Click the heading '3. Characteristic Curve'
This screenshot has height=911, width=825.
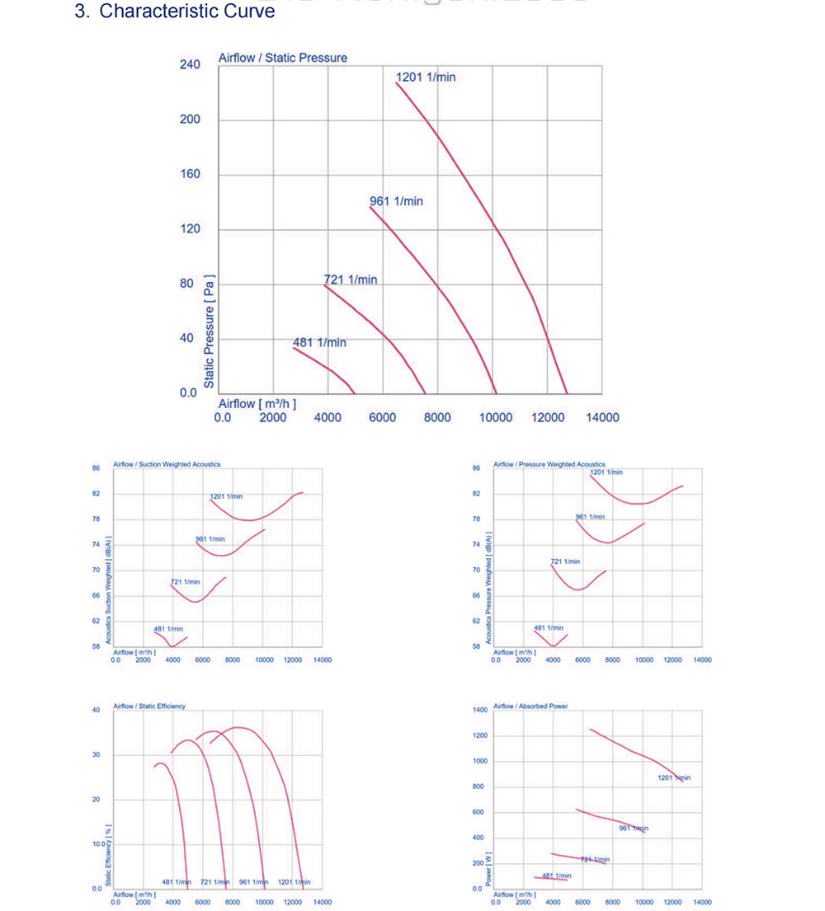(174, 12)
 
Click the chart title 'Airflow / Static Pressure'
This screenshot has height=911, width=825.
(282, 58)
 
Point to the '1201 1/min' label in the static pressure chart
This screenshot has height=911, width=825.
(426, 77)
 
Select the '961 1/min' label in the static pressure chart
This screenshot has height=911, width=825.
(396, 201)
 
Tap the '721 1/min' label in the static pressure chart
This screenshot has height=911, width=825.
(351, 280)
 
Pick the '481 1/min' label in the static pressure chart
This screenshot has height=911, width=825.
(319, 342)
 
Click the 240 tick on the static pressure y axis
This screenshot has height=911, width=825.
(190, 64)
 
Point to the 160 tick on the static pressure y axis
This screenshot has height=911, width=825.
(190, 174)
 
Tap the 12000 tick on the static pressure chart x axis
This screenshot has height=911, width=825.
(548, 417)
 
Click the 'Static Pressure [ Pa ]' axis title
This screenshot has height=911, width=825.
(210, 331)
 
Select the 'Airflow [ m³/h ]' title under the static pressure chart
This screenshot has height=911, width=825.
(257, 404)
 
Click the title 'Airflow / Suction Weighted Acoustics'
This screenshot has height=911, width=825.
(167, 464)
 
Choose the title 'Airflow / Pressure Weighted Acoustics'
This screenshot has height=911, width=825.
(549, 464)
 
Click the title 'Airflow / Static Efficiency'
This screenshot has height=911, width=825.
(149, 706)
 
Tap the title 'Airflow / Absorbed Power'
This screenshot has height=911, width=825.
(530, 706)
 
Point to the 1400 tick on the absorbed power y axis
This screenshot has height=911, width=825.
(480, 710)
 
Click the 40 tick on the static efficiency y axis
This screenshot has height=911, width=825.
(96, 710)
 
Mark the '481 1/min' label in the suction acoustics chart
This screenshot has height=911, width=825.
(168, 629)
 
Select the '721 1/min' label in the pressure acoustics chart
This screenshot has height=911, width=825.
(565, 561)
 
